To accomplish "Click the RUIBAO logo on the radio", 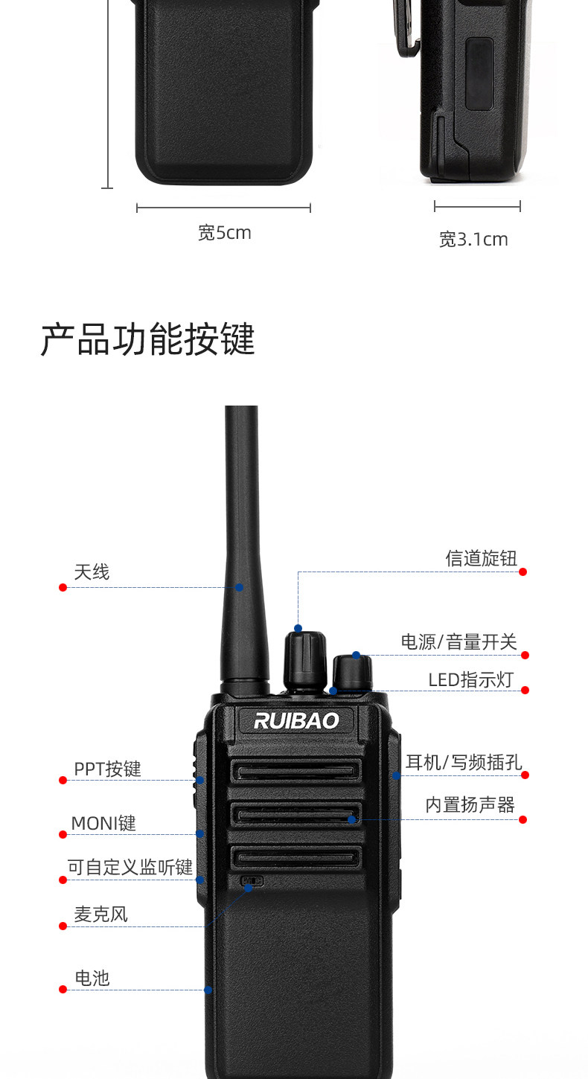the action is (296, 720).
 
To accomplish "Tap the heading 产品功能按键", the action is (147, 340).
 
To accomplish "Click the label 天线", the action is (92, 572).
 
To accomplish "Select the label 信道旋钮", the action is (481, 558).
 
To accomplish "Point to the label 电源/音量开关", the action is (458, 641).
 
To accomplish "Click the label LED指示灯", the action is (470, 680).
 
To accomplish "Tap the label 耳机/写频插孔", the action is (463, 762).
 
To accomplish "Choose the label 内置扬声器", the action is (470, 804).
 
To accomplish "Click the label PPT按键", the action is (107, 769).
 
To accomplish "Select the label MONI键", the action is (103, 824).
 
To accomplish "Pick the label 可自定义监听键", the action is (130, 867).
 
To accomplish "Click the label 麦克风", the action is (100, 914).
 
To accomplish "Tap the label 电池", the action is (92, 978).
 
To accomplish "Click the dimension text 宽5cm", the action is (224, 233).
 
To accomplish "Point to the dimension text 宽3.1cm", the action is (473, 240).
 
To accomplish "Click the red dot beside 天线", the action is (63, 587).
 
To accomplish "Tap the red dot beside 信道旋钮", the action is (523, 571).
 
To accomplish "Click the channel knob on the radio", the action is (305, 660).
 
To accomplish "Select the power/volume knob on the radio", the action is (352, 673).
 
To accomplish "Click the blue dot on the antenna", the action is (239, 587).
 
